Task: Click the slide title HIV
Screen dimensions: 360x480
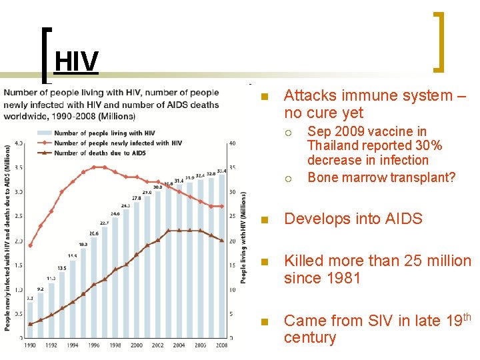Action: pos(77,62)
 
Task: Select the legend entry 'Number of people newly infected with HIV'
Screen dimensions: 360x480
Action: pos(117,143)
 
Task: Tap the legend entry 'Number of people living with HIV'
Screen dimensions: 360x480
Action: pos(104,133)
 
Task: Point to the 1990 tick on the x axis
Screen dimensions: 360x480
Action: pos(30,345)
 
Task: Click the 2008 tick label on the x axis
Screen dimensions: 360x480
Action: pos(222,345)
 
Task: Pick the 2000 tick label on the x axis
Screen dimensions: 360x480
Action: pos(137,345)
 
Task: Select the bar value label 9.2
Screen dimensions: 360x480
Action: pos(41,289)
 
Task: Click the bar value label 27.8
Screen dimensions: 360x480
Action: pos(137,198)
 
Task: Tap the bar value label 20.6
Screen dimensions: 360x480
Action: pos(94,233)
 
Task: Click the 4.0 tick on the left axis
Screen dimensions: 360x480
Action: pos(19,143)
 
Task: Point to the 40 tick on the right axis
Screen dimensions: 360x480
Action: pos(231,143)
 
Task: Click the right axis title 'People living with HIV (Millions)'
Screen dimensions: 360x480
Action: pos(243,237)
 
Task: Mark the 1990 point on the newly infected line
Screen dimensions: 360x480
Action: pos(30,245)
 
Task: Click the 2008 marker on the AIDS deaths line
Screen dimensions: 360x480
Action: pos(222,241)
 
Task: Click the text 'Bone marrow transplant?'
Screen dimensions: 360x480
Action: pos(381,177)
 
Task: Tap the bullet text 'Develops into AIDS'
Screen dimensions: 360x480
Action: pos(353,219)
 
